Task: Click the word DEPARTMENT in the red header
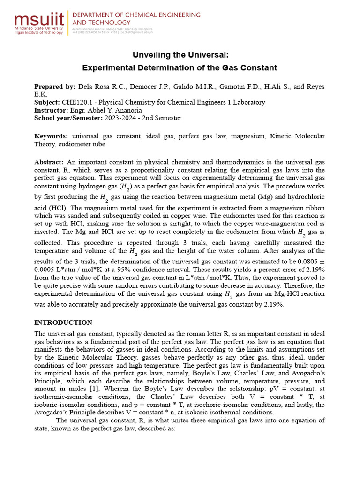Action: [97, 15]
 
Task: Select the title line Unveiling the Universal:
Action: [180, 55]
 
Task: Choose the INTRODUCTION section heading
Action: [63, 322]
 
